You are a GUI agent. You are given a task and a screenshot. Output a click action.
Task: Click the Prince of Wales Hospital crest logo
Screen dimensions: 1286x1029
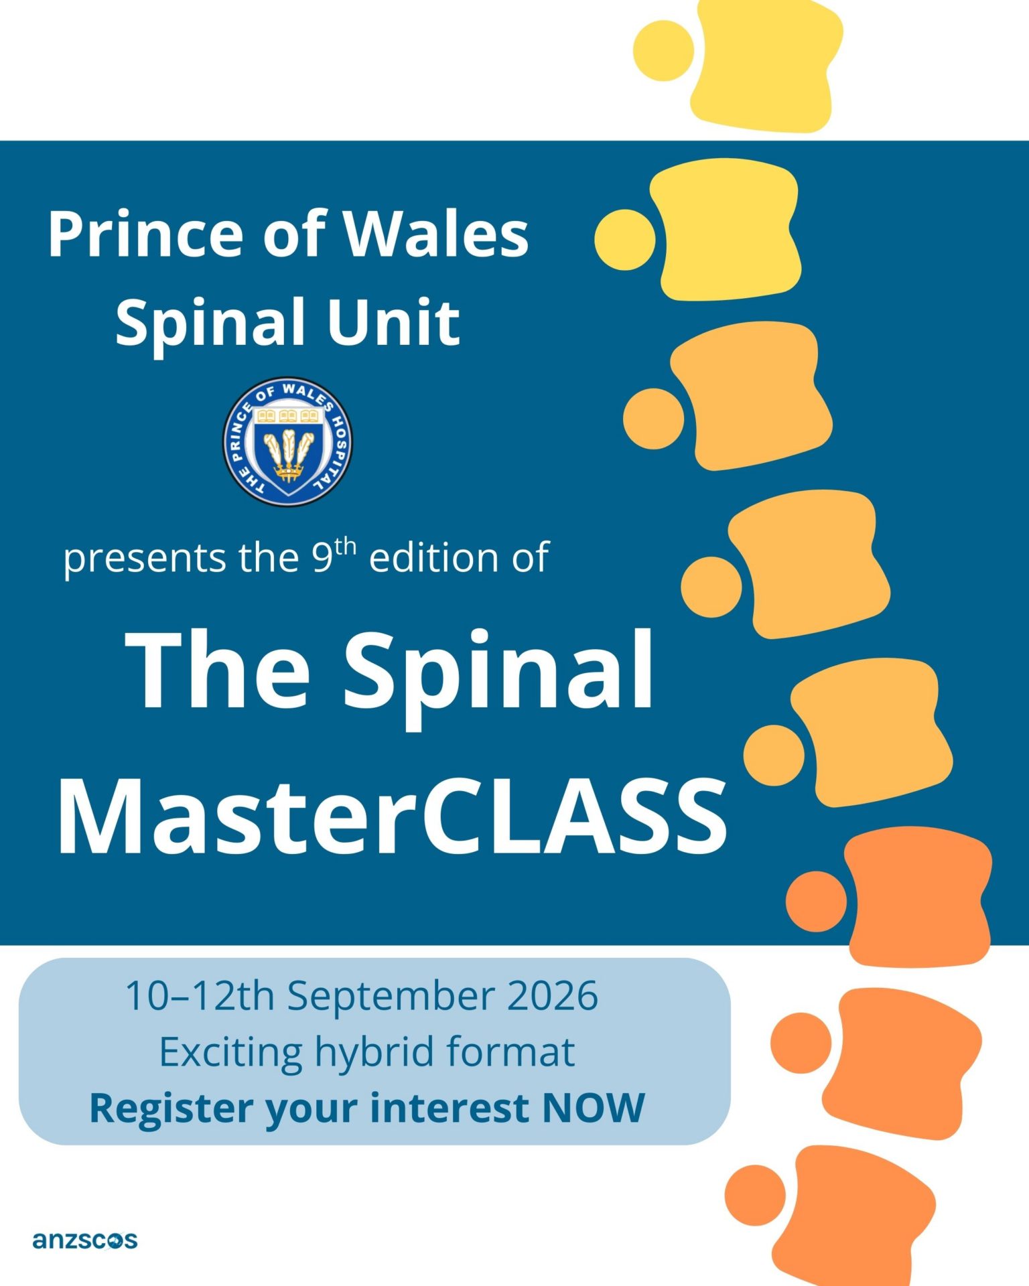click(287, 441)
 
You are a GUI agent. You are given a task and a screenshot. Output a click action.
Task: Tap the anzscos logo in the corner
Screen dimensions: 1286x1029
click(84, 1240)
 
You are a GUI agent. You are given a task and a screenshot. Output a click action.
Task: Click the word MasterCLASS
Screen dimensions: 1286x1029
click(393, 818)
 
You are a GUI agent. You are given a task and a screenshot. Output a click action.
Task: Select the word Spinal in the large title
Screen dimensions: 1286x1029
click(499, 670)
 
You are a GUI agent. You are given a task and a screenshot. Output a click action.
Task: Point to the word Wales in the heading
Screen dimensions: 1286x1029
click(436, 234)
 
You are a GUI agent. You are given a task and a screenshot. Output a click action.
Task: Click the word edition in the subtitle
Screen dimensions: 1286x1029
click(435, 557)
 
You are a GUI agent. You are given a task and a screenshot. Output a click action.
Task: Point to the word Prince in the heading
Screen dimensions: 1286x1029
click(145, 234)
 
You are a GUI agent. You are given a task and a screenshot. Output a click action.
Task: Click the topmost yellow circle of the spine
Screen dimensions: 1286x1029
click(663, 51)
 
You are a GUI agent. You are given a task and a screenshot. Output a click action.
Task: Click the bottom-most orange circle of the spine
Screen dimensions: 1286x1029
click(755, 1196)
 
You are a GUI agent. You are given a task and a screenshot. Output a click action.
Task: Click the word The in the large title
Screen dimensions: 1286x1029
click(221, 670)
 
